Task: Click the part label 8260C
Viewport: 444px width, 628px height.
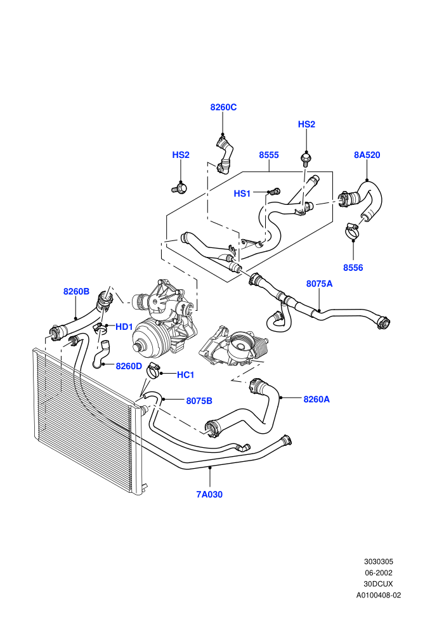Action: [x=223, y=107]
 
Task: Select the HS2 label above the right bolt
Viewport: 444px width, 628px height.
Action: [x=306, y=124]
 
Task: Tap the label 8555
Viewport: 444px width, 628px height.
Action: [x=269, y=155]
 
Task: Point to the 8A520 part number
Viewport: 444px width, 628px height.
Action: [x=367, y=155]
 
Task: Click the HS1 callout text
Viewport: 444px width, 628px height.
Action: [x=242, y=194]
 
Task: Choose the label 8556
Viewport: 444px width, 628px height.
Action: [x=353, y=268]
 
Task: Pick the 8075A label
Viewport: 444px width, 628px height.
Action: [x=319, y=284]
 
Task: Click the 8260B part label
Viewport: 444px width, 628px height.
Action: [x=76, y=292]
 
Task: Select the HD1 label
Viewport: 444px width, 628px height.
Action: [x=124, y=327]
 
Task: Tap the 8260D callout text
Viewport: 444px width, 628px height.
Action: [x=129, y=366]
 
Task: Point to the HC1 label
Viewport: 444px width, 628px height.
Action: [x=185, y=375]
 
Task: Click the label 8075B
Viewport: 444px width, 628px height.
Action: [x=199, y=401]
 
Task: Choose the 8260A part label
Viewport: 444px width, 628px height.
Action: [x=317, y=399]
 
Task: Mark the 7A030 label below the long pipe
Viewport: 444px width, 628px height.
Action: [x=209, y=494]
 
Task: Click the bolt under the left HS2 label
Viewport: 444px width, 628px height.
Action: [x=180, y=187]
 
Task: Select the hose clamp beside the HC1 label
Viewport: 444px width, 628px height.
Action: [x=153, y=370]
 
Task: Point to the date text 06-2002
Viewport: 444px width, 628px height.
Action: [x=378, y=573]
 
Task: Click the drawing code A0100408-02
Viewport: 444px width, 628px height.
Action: [x=378, y=595]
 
